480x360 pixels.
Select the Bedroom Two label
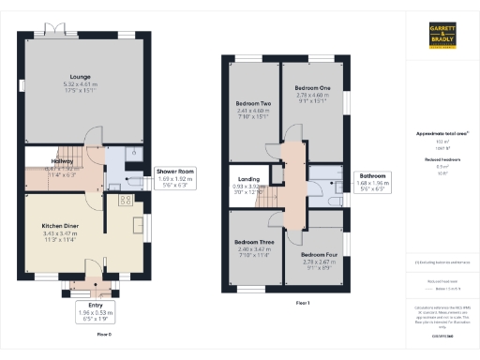tap(252, 103)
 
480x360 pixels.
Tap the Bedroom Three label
tap(253, 243)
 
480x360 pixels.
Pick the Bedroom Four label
tap(319, 254)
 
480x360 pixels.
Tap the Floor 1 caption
tap(303, 303)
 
